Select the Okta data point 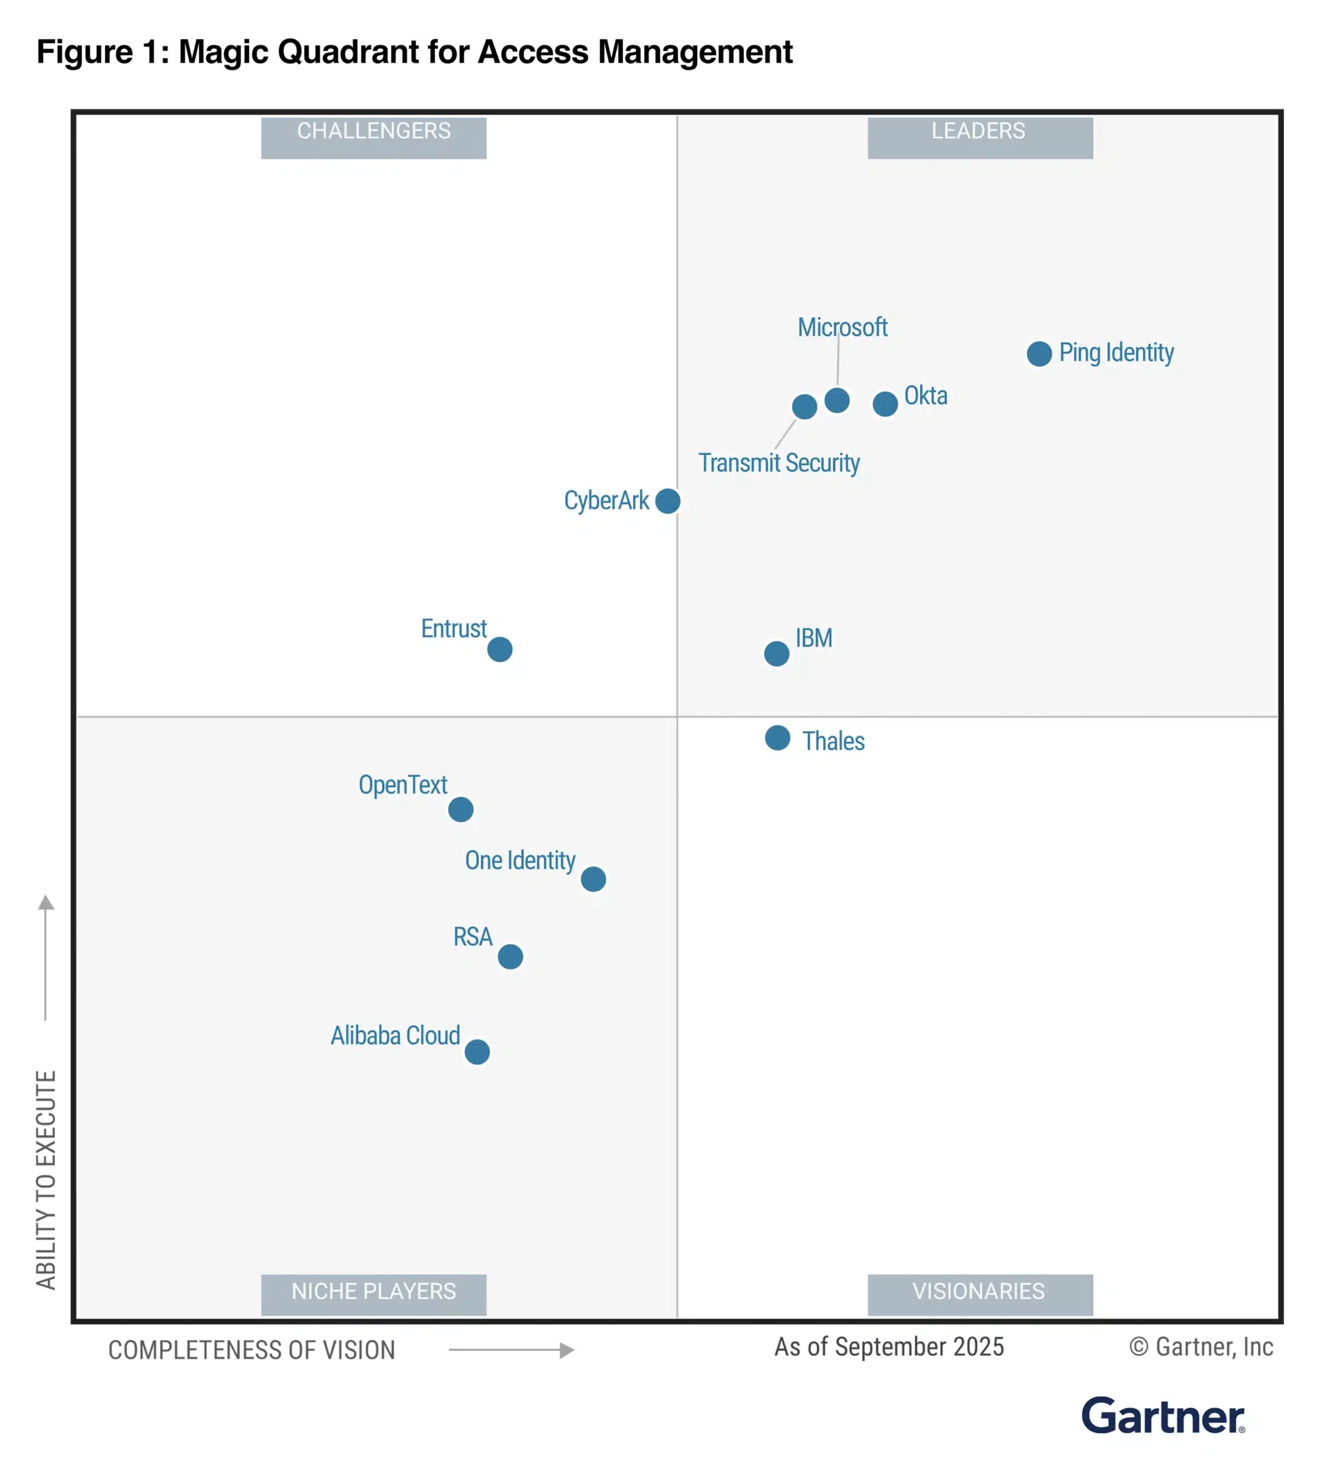[x=885, y=403]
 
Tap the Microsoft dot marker [x=837, y=400]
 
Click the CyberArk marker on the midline [x=668, y=501]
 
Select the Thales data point [x=778, y=738]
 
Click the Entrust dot [x=500, y=649]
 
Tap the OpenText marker [x=461, y=810]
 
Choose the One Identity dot [x=594, y=879]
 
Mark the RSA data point [x=510, y=957]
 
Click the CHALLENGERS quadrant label [x=373, y=137]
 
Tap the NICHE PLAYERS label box [x=373, y=1294]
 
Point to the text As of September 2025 [x=889, y=1347]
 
